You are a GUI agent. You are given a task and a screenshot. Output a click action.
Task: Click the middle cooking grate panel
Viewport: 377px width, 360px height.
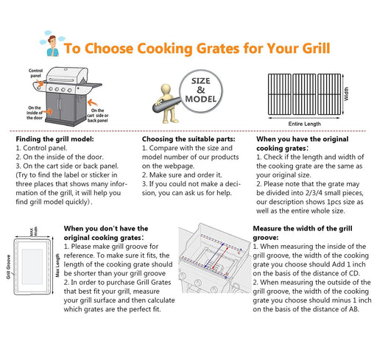coord(309,93)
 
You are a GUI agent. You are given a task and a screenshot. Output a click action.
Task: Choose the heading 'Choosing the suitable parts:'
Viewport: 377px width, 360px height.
coord(187,138)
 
